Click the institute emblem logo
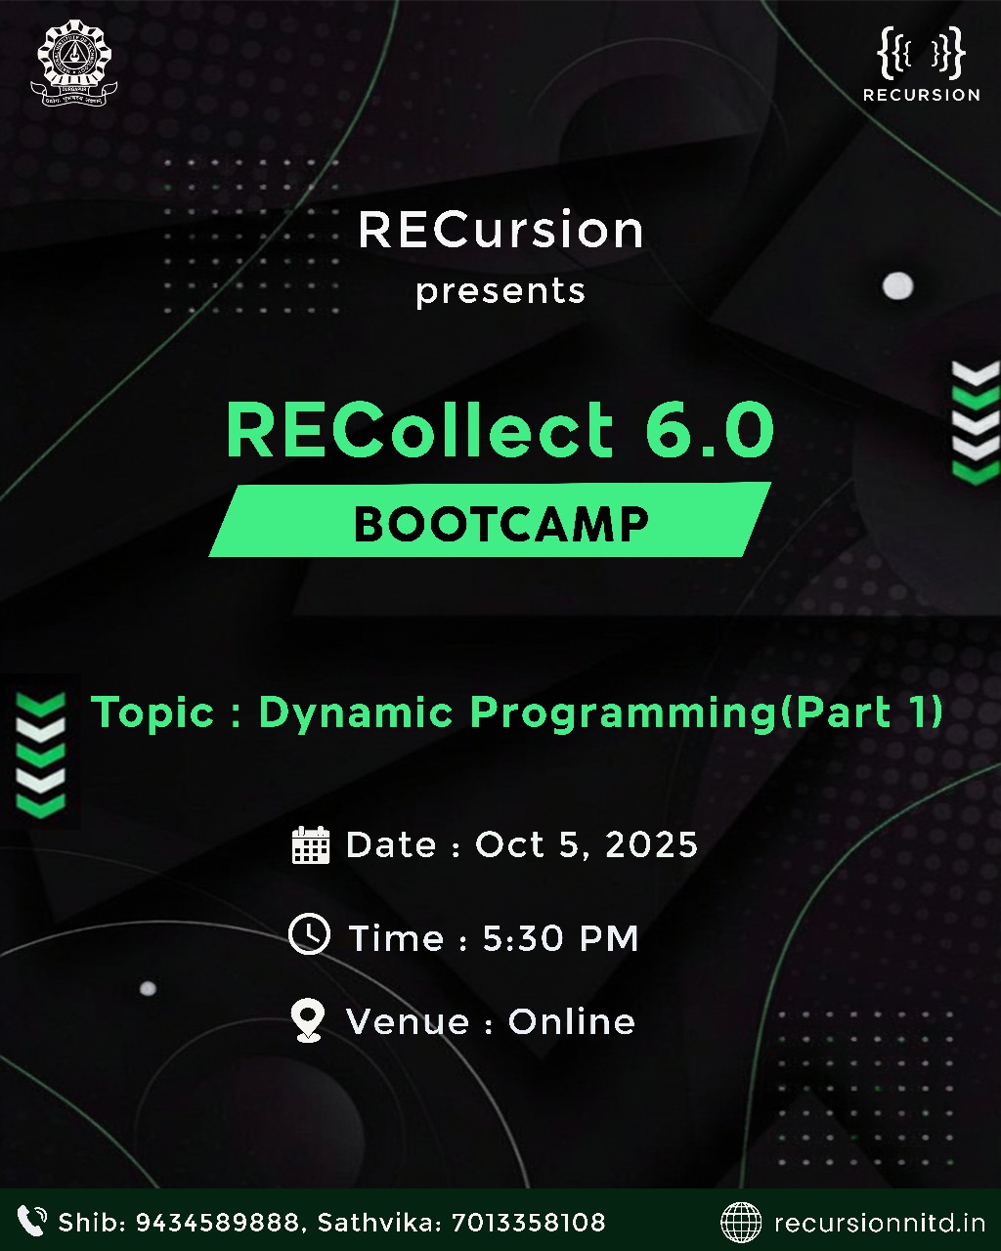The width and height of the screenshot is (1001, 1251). tap(76, 66)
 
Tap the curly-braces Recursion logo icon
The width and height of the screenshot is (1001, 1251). tap(921, 55)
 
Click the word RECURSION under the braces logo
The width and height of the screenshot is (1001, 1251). tap(921, 95)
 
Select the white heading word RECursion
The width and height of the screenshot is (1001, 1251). tap(500, 231)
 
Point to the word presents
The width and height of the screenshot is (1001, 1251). tap(500, 292)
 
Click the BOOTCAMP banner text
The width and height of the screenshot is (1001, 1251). tap(500, 524)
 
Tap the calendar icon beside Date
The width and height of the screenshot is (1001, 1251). tap(311, 844)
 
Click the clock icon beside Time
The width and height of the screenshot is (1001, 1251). tap(309, 934)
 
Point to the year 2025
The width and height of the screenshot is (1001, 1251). tap(652, 844)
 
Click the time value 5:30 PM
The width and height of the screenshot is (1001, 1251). tap(560, 939)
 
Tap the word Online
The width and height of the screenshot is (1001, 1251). tap(572, 1022)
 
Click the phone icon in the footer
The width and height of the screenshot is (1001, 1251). tap(32, 1221)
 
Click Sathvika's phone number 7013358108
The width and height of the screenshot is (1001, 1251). tap(530, 1223)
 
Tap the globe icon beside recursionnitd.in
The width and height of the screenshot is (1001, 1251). tap(741, 1222)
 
